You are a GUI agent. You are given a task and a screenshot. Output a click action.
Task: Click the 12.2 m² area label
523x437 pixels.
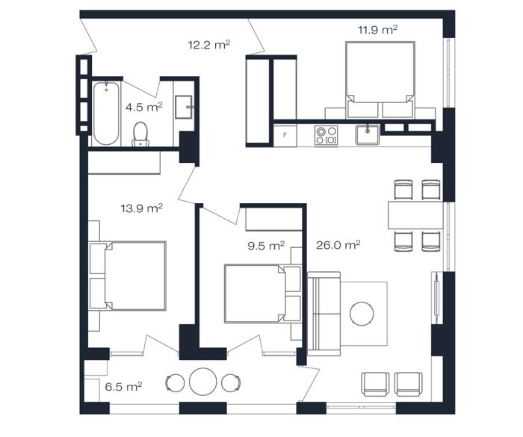tap(209, 45)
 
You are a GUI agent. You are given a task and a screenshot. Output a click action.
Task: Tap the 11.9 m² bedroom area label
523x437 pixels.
tap(377, 30)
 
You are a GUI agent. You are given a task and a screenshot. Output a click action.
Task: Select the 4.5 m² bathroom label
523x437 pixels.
tap(143, 107)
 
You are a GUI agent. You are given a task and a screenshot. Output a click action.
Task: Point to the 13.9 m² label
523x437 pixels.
tap(141, 208)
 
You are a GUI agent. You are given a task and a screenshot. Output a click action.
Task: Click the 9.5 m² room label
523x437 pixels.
tap(266, 246)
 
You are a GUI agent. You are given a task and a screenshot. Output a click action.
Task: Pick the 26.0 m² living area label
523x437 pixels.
tap(338, 245)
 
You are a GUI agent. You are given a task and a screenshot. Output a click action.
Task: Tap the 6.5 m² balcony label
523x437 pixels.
tap(123, 387)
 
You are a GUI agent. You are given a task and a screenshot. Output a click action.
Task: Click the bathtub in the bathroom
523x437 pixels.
tap(106, 114)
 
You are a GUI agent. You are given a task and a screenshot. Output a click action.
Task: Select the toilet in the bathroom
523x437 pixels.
tap(140, 134)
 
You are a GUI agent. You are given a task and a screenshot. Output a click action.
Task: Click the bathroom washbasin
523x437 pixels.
tap(184, 107)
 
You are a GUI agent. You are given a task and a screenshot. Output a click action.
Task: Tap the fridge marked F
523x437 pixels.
tap(285, 135)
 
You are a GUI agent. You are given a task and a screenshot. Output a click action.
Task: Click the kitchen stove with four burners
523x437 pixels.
tap(326, 135)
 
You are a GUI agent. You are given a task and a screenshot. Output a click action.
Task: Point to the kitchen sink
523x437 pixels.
tap(368, 134)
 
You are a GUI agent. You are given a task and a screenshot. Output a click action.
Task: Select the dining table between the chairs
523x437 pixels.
tap(415, 215)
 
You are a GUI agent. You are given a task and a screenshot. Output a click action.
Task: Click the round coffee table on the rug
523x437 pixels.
tap(362, 314)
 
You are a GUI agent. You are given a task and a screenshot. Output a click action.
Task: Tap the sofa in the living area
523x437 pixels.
tap(324, 314)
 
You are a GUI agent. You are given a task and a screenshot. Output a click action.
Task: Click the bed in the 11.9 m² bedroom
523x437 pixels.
tap(380, 80)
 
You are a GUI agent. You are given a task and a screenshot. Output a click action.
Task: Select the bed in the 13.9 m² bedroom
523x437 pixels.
tap(128, 276)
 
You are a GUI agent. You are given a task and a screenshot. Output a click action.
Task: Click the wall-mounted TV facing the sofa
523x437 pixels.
tap(436, 297)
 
